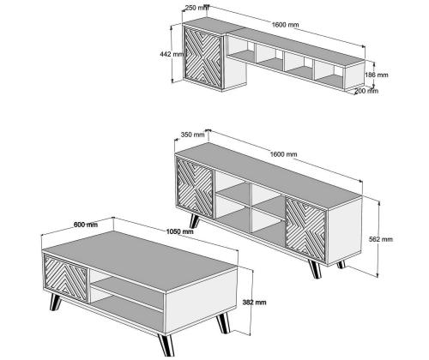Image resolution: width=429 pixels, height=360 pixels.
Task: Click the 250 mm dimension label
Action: [x=196, y=8]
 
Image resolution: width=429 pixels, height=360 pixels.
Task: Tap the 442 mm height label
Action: [x=172, y=54]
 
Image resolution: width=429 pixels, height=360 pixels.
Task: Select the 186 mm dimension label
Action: [x=377, y=75]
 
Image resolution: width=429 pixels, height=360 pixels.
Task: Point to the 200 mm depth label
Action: [x=366, y=91]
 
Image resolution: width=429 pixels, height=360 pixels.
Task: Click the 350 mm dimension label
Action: [x=193, y=135]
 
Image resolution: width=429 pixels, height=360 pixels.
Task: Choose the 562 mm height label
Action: [x=381, y=239]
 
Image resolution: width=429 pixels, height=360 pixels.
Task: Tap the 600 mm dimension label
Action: [x=86, y=225]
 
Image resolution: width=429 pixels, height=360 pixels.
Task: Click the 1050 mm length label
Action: [x=179, y=231]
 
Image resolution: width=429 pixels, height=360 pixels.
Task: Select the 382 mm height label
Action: [x=254, y=302]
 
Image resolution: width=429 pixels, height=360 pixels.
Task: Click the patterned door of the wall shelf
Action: [x=202, y=57]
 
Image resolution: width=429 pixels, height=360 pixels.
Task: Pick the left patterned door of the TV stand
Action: [x=196, y=187]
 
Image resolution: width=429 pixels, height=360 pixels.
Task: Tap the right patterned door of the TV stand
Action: [x=305, y=230]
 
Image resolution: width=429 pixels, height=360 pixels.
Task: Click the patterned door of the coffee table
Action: [x=65, y=278]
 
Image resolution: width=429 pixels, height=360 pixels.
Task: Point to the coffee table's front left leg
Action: [x=56, y=303]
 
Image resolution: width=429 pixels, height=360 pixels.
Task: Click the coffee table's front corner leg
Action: [x=166, y=345]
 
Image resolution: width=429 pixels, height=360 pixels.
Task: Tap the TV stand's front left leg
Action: [x=195, y=221]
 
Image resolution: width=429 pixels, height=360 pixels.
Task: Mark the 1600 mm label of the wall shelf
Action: [x=285, y=25]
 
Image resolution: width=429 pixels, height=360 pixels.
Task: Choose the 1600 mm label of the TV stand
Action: [x=284, y=154]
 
